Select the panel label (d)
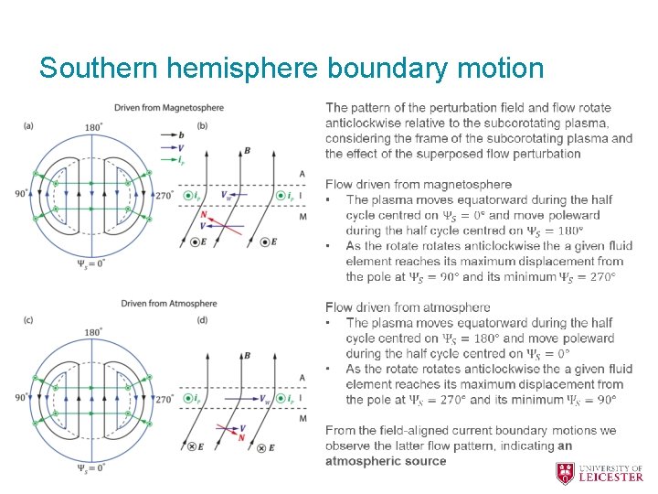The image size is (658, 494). [202, 319]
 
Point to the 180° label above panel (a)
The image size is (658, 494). [92, 127]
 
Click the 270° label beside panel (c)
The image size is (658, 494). [164, 399]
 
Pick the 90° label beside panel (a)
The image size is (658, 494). [21, 194]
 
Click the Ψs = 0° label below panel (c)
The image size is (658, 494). [91, 467]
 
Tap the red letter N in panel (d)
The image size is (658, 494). [241, 438]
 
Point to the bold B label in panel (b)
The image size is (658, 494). [247, 151]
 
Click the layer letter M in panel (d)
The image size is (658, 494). [302, 419]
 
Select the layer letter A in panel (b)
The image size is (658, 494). [302, 174]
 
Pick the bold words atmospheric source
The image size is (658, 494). [386, 461]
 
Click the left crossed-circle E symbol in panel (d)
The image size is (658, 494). [194, 447]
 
